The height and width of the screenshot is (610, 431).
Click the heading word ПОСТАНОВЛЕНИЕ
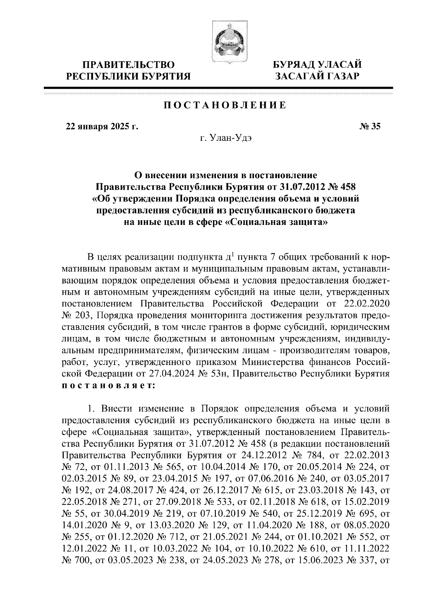tap(225, 105)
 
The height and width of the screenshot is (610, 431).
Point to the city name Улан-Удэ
tap(225, 138)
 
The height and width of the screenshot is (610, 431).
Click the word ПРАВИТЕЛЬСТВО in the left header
tap(129, 65)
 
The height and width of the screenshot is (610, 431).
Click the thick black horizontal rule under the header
tap(218, 88)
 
